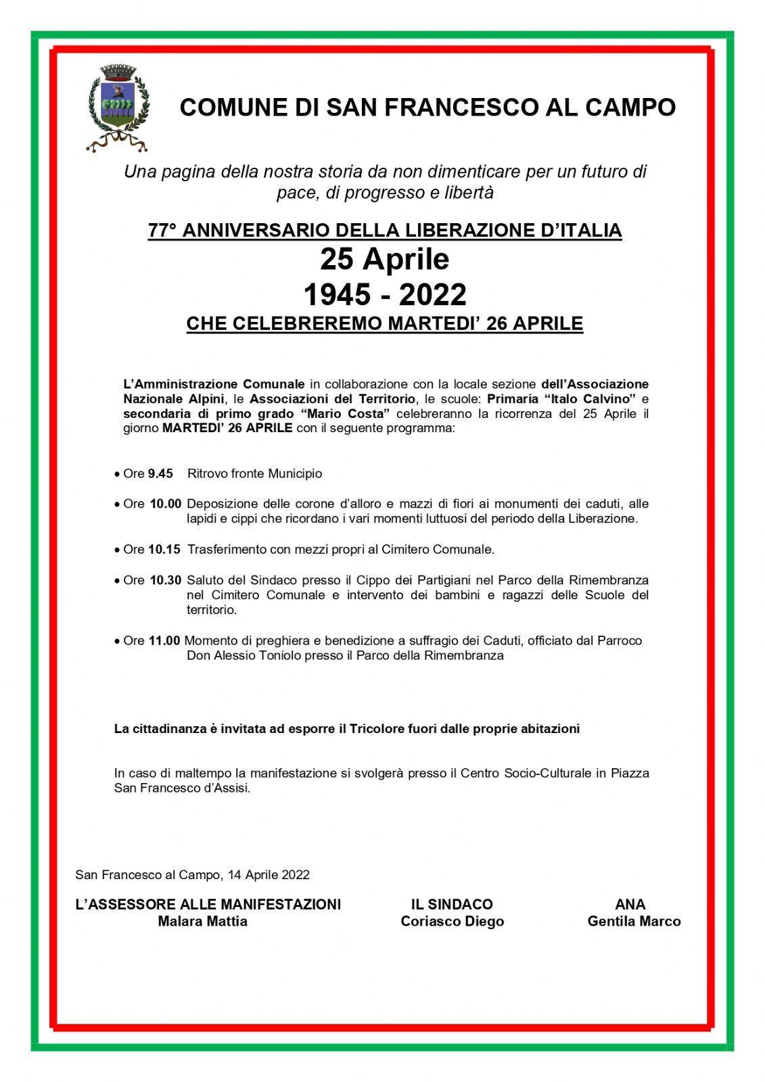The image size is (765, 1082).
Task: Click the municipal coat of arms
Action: [118, 107]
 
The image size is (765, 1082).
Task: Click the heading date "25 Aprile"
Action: [384, 260]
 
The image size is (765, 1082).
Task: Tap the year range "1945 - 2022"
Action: [384, 295]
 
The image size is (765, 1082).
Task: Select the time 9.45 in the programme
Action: [160, 473]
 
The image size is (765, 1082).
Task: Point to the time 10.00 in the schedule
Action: [166, 504]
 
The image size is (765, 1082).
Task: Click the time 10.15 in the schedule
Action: [164, 549]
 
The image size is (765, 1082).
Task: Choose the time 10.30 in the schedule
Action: [166, 580]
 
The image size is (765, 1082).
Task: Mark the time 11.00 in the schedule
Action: [164, 640]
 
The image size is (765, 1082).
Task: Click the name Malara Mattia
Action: [202, 921]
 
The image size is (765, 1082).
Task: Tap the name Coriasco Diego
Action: [452, 921]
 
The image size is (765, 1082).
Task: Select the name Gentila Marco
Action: [634, 921]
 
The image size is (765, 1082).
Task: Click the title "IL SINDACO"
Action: [452, 904]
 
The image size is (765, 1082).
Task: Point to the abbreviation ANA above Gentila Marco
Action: [630, 904]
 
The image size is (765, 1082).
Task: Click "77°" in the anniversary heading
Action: [162, 231]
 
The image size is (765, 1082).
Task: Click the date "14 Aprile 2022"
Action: [269, 874]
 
